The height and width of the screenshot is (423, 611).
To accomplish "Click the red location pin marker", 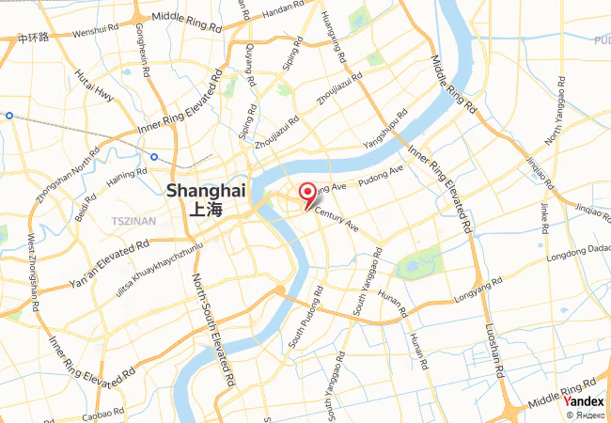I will pyautogui.click(x=307, y=195).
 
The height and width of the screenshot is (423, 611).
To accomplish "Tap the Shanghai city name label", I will pyautogui.click(x=206, y=190).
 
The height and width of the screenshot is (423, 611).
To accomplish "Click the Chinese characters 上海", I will pyautogui.click(x=206, y=210).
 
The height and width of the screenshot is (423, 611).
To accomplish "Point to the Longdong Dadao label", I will pyautogui.click(x=574, y=251).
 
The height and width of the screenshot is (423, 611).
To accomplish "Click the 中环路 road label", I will pyautogui.click(x=34, y=39).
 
